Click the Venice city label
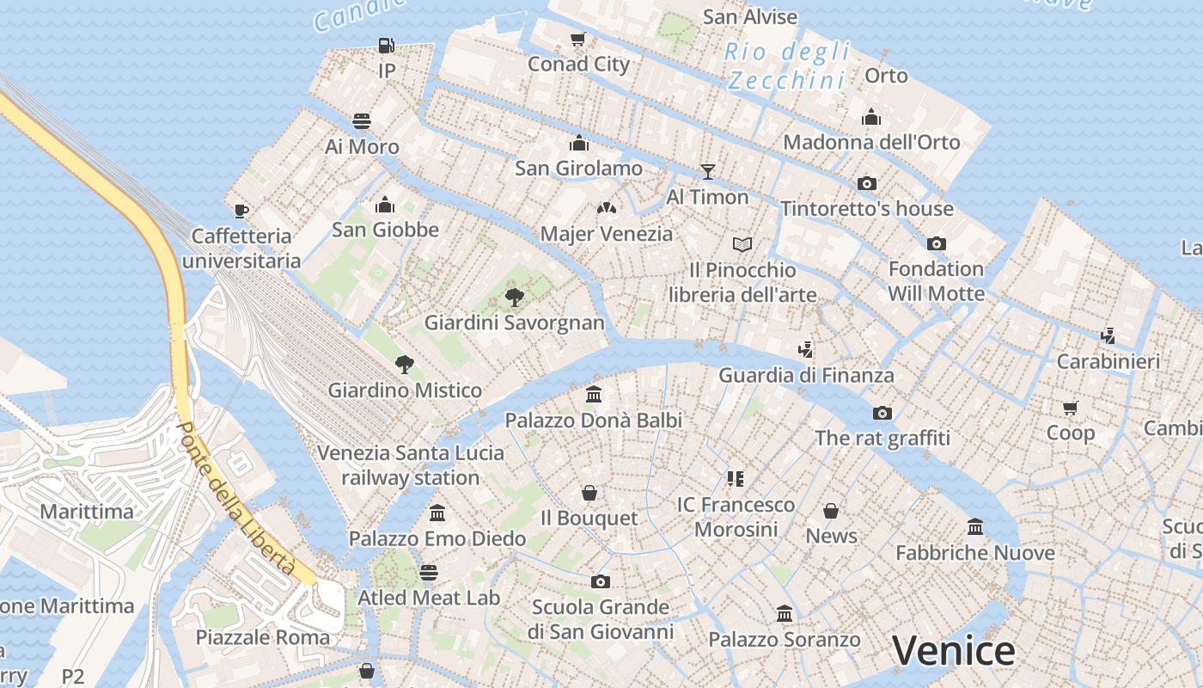click(953, 651)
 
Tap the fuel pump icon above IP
click(387, 45)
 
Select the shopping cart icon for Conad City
click(578, 39)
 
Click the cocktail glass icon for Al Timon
click(707, 171)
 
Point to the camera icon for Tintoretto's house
click(866, 183)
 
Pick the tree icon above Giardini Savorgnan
click(514, 298)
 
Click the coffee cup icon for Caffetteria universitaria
click(241, 210)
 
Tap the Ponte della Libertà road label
click(235, 499)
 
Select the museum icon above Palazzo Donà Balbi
click(593, 395)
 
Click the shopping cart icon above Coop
click(1070, 408)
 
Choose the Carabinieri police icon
click(1108, 336)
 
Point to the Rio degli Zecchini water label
click(787, 66)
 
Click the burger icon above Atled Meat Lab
click(428, 572)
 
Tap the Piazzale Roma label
click(263, 637)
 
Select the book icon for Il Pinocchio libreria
click(742, 244)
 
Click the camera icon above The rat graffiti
click(882, 413)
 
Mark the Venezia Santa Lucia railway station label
click(411, 464)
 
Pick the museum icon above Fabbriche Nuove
click(974, 526)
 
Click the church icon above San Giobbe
click(385, 205)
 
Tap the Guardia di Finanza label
click(806, 375)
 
